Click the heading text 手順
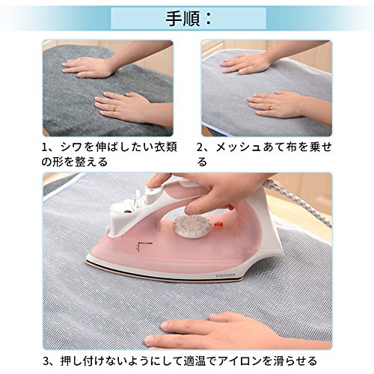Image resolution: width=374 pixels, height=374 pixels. [183, 19]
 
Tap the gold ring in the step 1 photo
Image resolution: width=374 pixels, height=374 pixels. [114, 108]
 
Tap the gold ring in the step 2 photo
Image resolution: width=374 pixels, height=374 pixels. [269, 107]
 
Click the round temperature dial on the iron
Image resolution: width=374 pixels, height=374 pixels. [192, 226]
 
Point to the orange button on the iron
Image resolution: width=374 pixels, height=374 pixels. [218, 224]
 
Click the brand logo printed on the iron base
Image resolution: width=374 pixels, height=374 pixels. [225, 275]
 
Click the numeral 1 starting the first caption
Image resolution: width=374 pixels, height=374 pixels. [45, 147]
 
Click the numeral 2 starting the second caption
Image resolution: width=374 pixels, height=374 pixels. [200, 147]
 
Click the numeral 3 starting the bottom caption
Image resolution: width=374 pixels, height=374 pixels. [46, 361]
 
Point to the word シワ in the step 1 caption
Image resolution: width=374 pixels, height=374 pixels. [72, 147]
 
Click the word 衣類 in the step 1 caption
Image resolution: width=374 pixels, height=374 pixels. [166, 147]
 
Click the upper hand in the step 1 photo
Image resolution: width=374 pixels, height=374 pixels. [88, 67]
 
